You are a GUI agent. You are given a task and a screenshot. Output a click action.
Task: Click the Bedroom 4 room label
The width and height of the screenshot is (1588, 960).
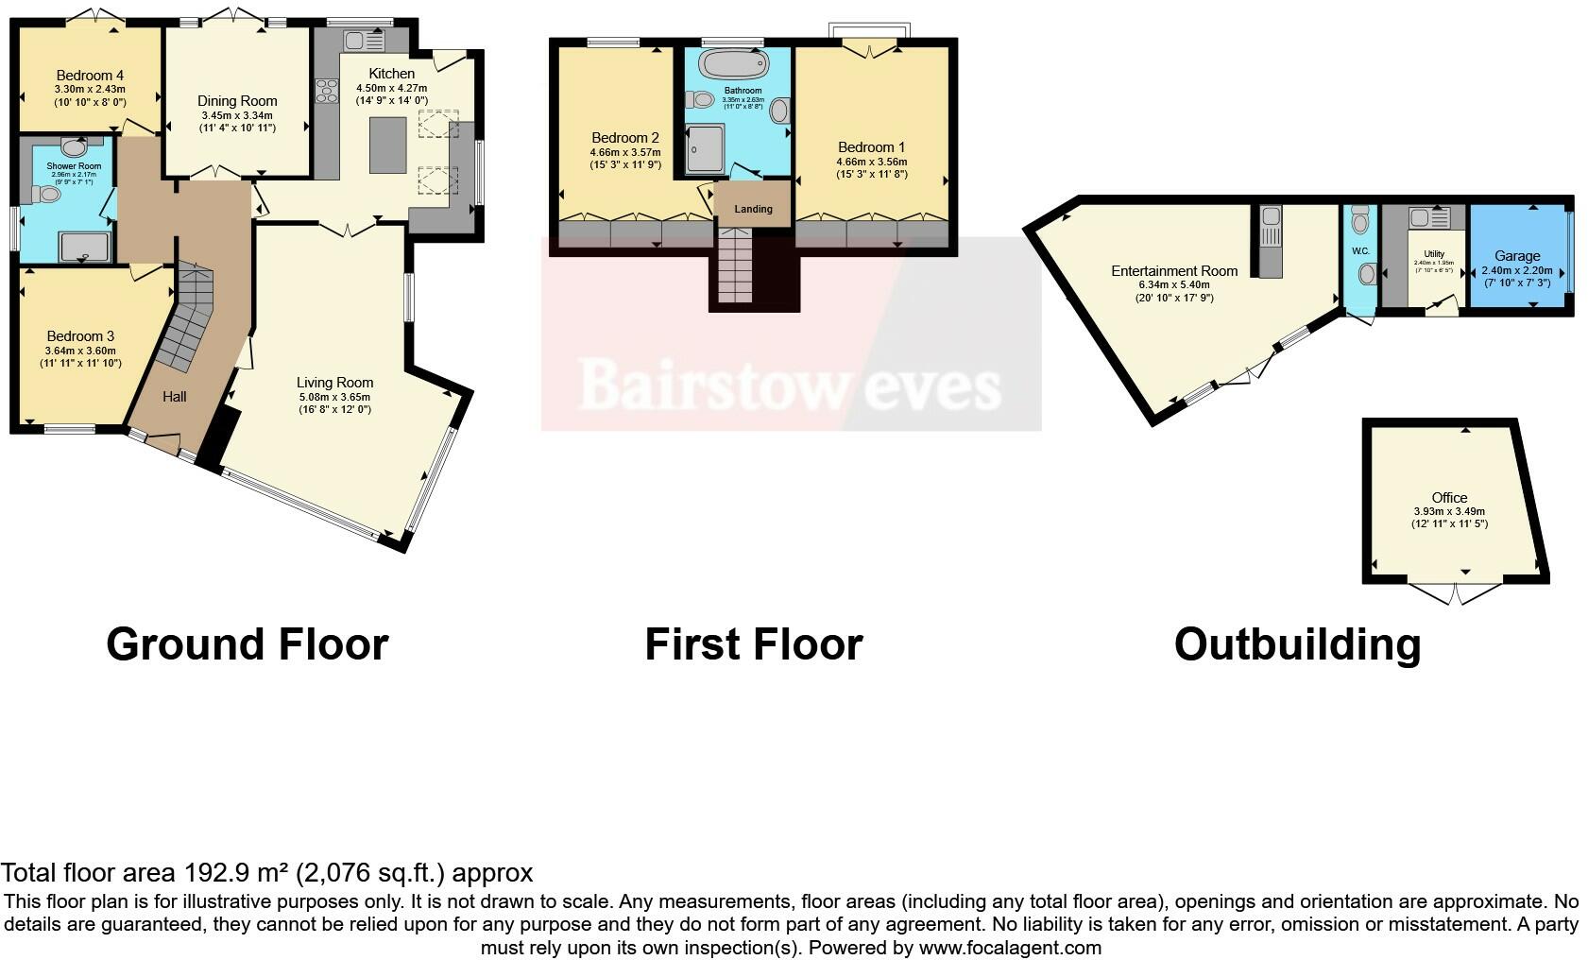90,76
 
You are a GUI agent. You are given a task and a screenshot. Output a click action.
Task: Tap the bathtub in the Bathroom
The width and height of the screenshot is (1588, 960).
732,65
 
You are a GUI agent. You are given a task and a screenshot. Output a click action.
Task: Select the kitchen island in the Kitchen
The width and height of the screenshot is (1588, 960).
388,145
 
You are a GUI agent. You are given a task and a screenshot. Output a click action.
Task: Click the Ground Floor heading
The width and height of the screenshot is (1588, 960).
248,644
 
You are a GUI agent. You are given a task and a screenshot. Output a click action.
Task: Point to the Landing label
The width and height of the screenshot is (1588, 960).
753,209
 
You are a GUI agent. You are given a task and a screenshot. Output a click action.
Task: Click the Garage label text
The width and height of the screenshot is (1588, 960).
1517,256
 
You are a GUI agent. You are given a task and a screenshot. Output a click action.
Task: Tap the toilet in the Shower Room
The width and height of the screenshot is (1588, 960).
46,195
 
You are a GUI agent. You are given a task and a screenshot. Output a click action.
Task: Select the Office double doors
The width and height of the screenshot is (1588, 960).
1455,592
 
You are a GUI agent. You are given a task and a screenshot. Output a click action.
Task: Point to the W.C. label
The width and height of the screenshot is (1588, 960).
1360,251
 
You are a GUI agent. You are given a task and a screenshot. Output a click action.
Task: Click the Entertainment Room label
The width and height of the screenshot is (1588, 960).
1174,271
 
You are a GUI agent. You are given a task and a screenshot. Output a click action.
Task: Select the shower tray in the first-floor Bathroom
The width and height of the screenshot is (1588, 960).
704,149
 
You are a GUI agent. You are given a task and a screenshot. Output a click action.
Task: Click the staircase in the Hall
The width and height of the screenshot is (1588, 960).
189,321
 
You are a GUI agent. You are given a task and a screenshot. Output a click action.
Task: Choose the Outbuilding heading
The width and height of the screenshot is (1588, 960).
1297,644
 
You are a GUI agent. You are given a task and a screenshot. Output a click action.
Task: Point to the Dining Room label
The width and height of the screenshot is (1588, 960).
237,101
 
